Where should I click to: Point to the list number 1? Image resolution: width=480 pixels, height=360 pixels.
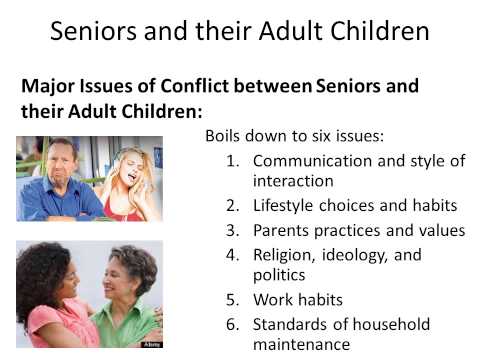click(x=234, y=159)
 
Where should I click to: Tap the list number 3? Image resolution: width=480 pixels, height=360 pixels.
click(x=234, y=230)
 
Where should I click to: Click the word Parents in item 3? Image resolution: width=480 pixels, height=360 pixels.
click(x=283, y=230)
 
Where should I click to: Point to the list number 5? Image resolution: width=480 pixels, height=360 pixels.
click(x=234, y=299)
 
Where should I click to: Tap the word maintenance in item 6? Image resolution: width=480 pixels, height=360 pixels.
click(x=301, y=344)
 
